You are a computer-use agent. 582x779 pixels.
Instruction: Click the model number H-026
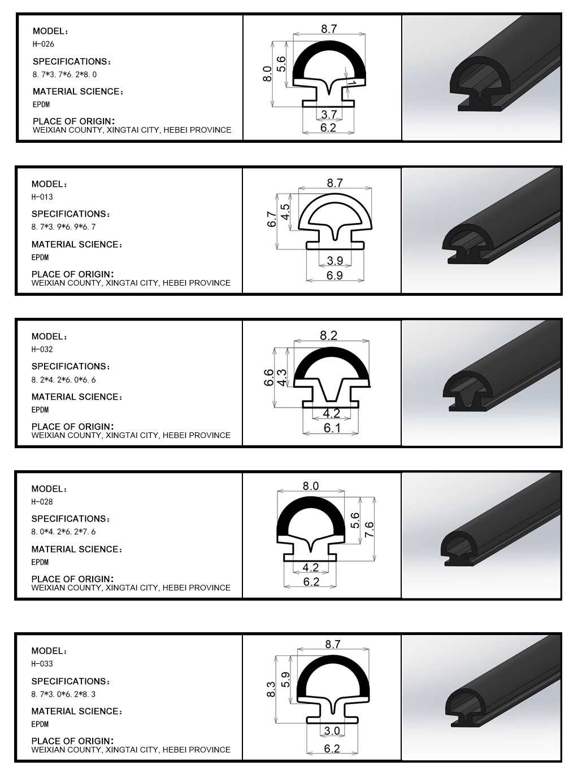(x=44, y=44)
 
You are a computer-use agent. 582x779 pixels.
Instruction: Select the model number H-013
(x=42, y=197)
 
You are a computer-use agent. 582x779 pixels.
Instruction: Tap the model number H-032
(x=42, y=349)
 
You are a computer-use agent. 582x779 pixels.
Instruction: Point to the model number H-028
(x=42, y=501)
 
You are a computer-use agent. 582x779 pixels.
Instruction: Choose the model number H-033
(x=42, y=664)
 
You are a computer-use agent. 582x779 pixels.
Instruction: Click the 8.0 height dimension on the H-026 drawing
(x=267, y=74)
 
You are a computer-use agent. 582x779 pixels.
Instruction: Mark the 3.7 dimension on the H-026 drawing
(x=329, y=114)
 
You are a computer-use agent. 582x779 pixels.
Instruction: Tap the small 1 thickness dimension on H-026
(x=352, y=83)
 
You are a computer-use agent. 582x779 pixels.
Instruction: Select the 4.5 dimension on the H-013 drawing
(x=285, y=212)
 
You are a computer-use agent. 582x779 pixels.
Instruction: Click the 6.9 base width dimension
(x=335, y=275)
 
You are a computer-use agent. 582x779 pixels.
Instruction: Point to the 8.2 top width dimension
(x=328, y=335)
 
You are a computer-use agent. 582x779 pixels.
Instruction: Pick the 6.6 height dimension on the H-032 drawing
(x=269, y=377)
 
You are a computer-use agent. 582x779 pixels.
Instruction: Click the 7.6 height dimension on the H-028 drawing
(x=370, y=529)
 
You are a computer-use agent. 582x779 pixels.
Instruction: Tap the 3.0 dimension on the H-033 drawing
(x=332, y=730)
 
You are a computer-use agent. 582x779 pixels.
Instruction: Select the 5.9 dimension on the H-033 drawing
(x=285, y=680)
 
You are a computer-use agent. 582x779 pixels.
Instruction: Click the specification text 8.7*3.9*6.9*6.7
(x=63, y=227)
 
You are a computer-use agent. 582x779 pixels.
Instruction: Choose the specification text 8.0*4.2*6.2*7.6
(x=63, y=532)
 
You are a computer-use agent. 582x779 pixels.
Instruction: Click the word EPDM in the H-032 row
(x=40, y=410)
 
